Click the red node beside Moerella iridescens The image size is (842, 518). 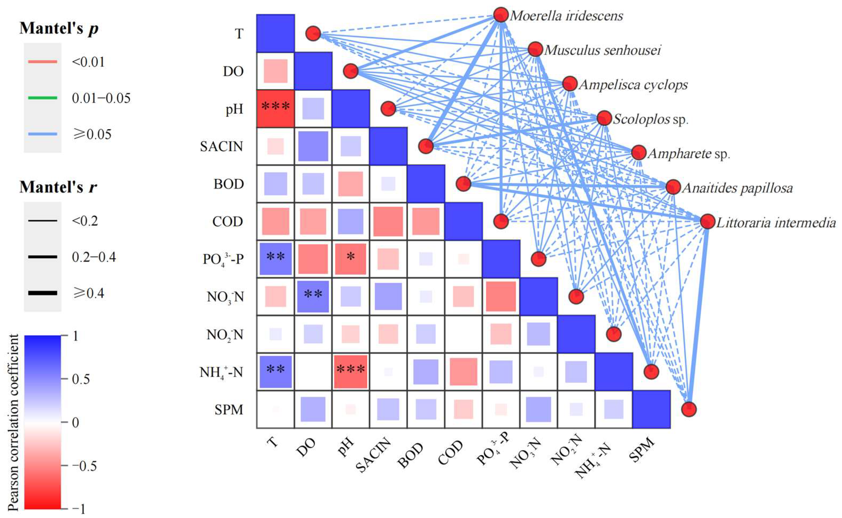501,15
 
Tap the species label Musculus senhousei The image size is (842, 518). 602,50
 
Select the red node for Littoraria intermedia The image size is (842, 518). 708,222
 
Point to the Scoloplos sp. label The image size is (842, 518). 651,119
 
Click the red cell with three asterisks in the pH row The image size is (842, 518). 275,109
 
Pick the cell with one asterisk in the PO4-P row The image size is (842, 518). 351,259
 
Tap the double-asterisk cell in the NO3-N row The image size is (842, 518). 313,297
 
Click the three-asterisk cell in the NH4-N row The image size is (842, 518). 351,372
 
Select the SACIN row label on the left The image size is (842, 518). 221,147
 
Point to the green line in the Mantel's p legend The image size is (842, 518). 43,98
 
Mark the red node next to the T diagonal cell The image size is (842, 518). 313,34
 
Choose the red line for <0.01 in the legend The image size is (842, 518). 43,62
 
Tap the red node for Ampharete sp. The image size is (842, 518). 639,153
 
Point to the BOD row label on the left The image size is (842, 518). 229,184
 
